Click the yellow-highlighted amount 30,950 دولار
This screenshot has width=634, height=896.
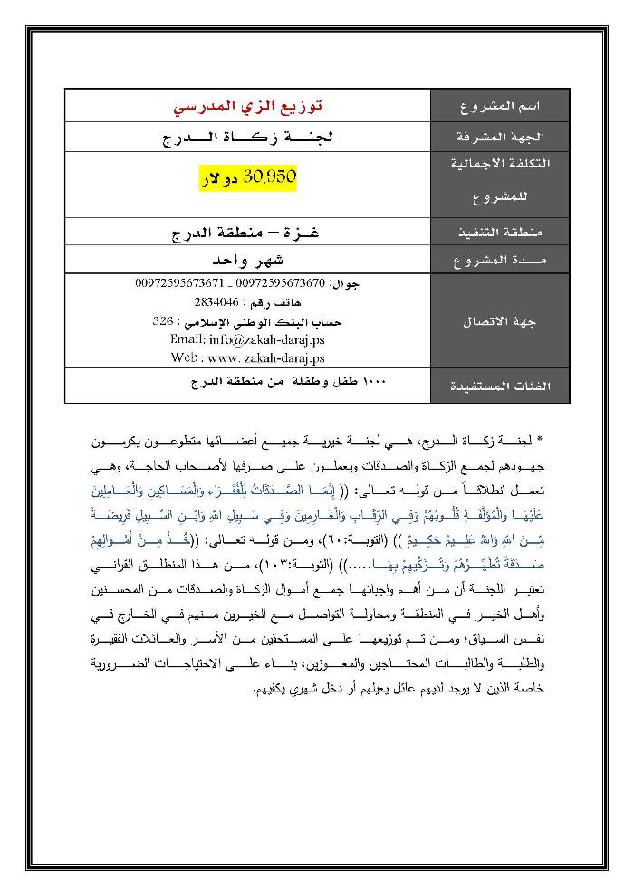(x=247, y=178)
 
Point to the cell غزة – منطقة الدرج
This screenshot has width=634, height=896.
(x=247, y=233)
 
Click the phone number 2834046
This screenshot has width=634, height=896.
(x=216, y=302)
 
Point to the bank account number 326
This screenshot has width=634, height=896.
(x=161, y=321)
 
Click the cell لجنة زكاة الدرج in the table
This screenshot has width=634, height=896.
(x=247, y=138)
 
